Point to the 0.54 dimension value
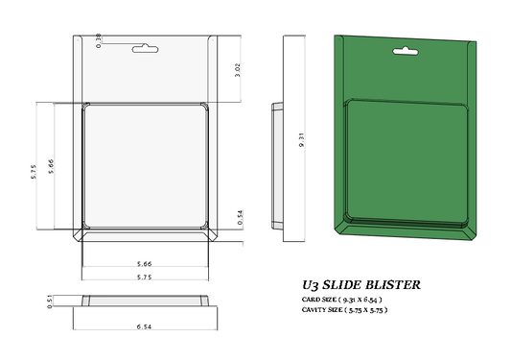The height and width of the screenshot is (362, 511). (x=240, y=218)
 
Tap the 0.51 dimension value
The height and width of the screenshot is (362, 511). (x=49, y=302)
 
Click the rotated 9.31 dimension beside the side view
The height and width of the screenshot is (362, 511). (x=301, y=138)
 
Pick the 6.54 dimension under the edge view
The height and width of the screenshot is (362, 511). (x=145, y=326)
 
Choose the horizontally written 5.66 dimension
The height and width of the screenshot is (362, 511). (x=145, y=263)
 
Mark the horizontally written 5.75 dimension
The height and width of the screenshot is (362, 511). (x=145, y=276)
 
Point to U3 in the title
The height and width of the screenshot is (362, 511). (x=310, y=285)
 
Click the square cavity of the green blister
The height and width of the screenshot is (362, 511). (x=406, y=163)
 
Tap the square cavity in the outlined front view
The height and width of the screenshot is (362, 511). (x=145, y=167)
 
